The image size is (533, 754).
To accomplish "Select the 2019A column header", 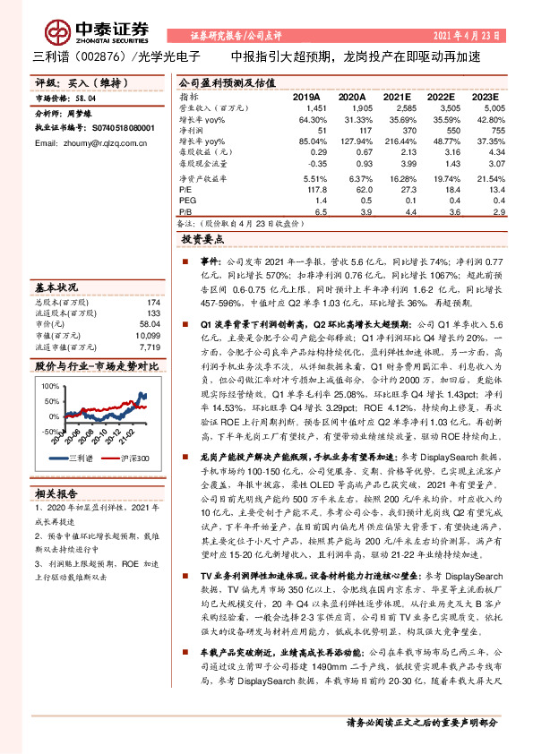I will [x=306, y=96].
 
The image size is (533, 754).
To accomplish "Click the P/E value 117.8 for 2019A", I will [x=310, y=189].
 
